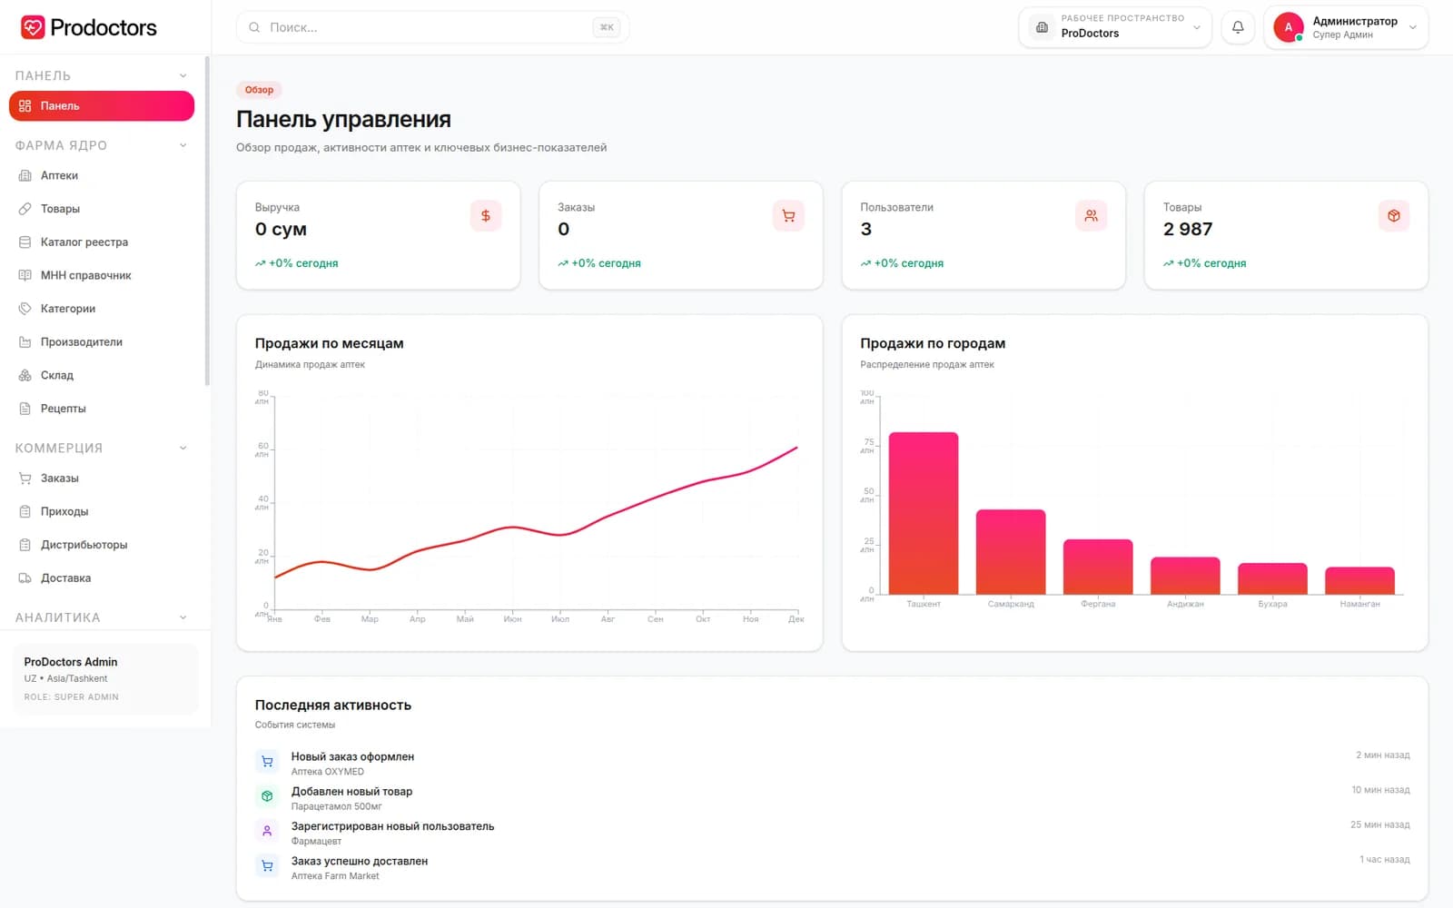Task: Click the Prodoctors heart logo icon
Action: point(33,27)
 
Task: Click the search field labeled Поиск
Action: point(432,27)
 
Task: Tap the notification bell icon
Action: point(1238,27)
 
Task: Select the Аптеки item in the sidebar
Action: point(59,175)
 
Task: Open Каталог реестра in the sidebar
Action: point(84,242)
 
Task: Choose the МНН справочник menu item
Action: point(85,275)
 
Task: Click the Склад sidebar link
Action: point(57,375)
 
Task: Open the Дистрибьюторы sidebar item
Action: point(84,545)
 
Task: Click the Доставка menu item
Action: point(65,577)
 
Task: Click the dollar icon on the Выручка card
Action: point(486,216)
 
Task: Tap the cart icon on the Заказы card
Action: point(788,216)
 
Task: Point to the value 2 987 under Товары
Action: point(1187,229)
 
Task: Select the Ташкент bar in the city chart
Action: point(923,513)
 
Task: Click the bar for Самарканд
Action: point(1011,552)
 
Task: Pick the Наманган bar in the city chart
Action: point(1359,580)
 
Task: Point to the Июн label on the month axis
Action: point(512,619)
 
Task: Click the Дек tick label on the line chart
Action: point(796,619)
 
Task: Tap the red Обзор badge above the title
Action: point(259,90)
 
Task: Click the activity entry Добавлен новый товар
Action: point(351,791)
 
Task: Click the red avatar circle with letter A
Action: point(1289,27)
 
